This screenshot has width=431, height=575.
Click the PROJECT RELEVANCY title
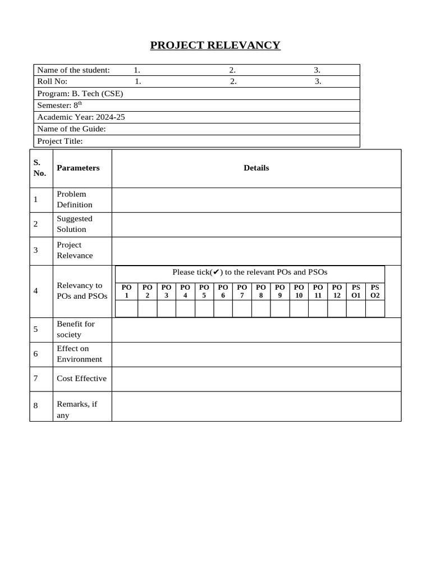click(215, 45)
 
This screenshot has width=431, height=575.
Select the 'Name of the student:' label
click(74, 70)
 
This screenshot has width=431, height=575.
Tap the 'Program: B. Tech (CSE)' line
click(80, 94)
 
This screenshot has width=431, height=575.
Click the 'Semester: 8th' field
click(59, 106)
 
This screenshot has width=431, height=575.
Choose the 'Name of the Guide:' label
click(71, 129)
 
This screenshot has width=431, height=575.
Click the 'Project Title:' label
click(60, 142)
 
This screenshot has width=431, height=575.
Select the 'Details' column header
click(256, 168)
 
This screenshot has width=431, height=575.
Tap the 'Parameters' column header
click(78, 168)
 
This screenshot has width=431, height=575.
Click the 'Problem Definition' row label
click(75, 199)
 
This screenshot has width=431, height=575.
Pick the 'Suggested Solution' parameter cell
click(75, 224)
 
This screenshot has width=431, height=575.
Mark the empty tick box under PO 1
click(127, 309)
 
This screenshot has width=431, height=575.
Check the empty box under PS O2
click(375, 309)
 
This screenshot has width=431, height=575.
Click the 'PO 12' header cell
click(337, 291)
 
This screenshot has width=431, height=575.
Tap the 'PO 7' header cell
click(242, 291)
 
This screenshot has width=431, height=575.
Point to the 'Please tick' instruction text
click(250, 272)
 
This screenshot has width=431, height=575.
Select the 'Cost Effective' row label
click(81, 378)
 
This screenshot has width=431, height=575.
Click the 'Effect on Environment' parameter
click(80, 354)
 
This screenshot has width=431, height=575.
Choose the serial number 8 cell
click(36, 405)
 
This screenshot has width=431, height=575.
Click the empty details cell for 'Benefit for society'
click(256, 330)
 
